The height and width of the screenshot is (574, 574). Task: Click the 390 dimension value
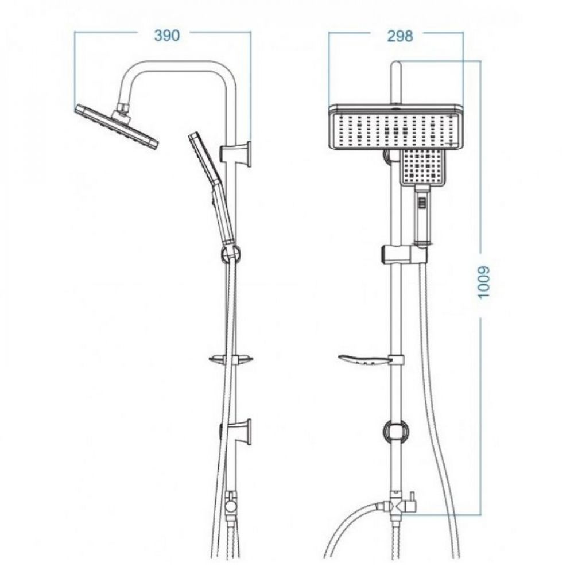pyautogui.click(x=166, y=36)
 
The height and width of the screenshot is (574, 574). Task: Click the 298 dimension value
pyautogui.click(x=400, y=36)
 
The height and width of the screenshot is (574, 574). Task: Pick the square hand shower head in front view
pyautogui.click(x=423, y=167)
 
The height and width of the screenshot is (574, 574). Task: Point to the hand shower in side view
pyautogui.click(x=212, y=188)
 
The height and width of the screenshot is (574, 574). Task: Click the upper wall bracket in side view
pyautogui.click(x=236, y=154)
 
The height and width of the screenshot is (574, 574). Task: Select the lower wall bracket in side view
pyautogui.click(x=236, y=432)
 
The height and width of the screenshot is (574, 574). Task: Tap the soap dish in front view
pyautogui.click(x=370, y=360)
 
